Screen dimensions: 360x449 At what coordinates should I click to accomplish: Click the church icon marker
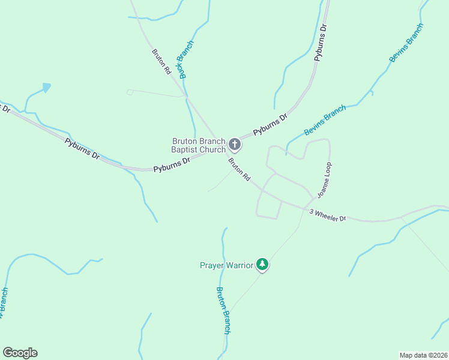(x=235, y=144)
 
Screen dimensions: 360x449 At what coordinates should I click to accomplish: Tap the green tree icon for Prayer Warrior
(x=262, y=264)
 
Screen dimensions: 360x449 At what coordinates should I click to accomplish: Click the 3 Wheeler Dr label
(x=328, y=215)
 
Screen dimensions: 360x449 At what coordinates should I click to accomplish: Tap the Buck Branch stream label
(x=185, y=60)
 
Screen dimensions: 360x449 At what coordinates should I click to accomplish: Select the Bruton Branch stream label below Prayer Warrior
(x=223, y=310)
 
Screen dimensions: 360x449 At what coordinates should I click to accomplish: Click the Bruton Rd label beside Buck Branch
(x=161, y=61)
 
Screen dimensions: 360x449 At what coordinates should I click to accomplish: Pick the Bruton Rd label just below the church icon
(x=239, y=170)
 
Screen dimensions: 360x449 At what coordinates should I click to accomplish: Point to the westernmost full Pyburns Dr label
(x=82, y=148)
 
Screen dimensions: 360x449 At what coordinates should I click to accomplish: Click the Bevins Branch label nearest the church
(x=325, y=120)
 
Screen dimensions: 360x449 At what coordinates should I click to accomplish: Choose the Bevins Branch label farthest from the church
(x=406, y=43)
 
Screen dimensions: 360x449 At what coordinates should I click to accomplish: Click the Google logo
(x=20, y=353)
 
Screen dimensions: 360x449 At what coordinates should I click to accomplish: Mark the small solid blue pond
(x=46, y=88)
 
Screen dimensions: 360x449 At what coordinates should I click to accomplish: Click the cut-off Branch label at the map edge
(x=4, y=302)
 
